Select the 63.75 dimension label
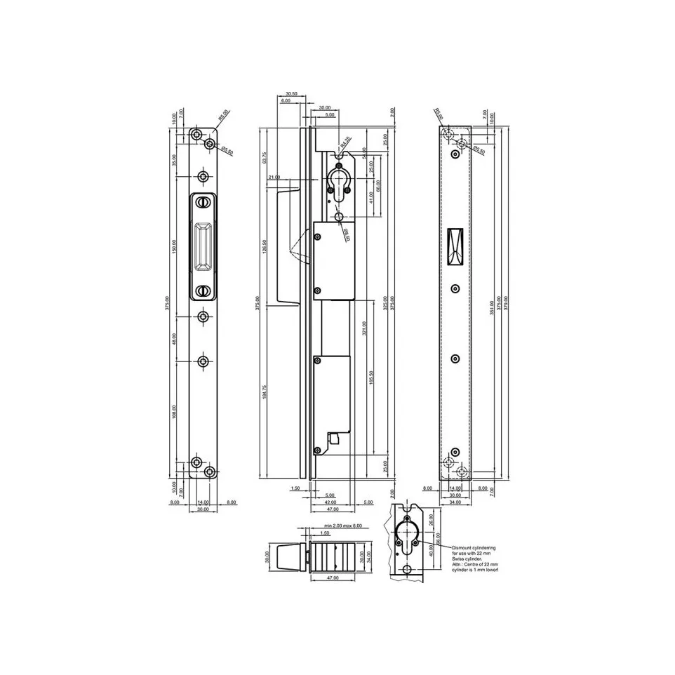264,159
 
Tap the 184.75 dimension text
264,392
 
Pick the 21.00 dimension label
274,178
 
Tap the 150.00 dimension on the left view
175,247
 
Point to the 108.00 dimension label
175,412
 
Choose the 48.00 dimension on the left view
175,339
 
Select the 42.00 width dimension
330,502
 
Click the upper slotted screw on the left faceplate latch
203,203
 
